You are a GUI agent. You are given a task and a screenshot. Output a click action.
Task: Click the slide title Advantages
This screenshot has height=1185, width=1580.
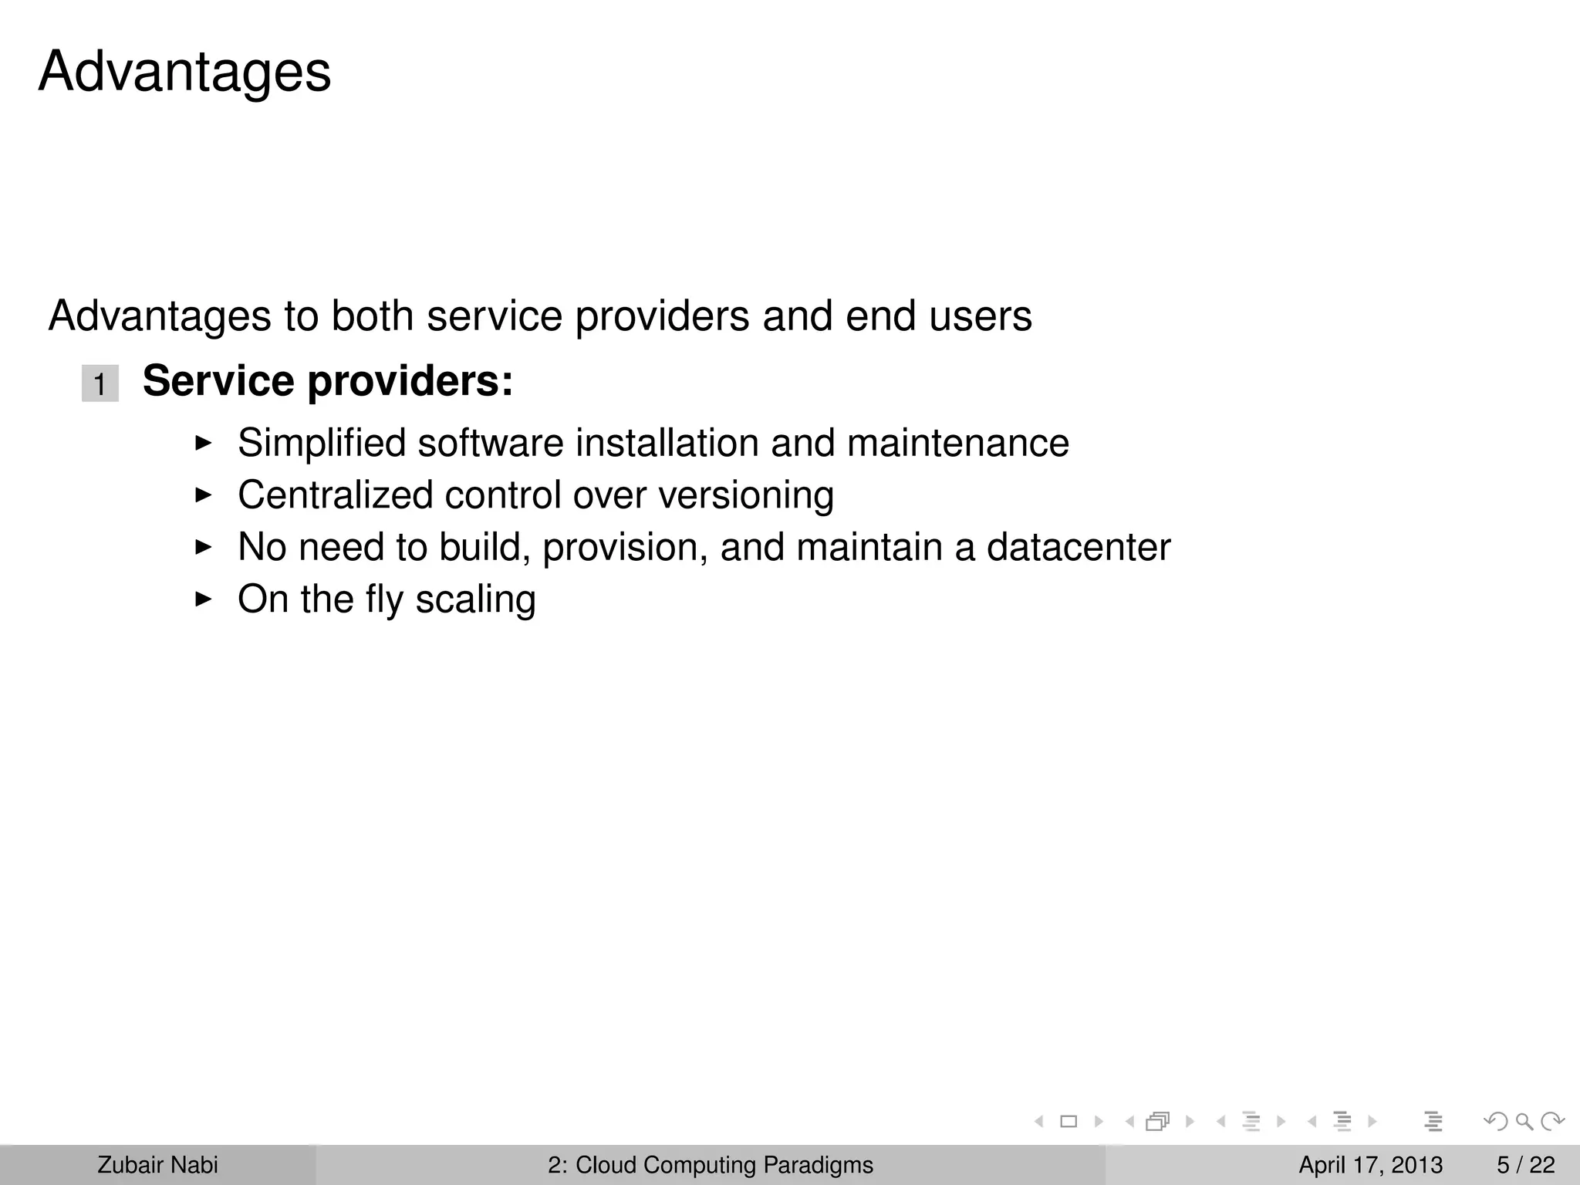click(184, 72)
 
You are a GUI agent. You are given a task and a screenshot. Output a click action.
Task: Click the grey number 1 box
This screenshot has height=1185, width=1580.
click(100, 383)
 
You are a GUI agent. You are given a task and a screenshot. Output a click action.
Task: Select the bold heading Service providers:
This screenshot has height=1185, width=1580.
click(328, 381)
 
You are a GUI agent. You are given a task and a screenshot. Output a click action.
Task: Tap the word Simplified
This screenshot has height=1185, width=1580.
click(321, 444)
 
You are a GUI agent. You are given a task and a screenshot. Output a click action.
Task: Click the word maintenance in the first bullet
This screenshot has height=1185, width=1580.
click(957, 444)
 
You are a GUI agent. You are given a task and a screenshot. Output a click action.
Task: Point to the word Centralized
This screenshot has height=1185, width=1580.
click(335, 495)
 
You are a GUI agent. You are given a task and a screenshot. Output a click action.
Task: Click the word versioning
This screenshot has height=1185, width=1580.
click(745, 495)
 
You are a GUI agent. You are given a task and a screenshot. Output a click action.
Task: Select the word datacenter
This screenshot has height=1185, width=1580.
click(1078, 548)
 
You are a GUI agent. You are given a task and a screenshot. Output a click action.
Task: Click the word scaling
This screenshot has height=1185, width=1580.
click(475, 600)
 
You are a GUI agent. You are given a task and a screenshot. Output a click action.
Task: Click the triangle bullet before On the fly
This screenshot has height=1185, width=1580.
click(203, 599)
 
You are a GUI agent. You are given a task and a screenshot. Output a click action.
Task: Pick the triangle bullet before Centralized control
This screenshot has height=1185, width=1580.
click(203, 495)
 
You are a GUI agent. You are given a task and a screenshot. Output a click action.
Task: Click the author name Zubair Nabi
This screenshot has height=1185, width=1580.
click(157, 1165)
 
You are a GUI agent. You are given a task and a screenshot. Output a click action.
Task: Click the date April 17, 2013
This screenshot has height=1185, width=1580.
click(1370, 1165)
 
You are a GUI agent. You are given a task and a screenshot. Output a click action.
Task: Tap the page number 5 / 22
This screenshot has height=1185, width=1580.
click(1525, 1165)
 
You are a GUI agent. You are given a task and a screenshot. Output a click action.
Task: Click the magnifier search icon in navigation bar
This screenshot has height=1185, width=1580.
click(1524, 1121)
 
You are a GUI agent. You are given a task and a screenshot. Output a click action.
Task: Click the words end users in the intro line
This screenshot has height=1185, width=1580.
click(938, 316)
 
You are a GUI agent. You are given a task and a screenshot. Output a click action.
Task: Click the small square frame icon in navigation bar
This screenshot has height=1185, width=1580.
click(1069, 1122)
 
